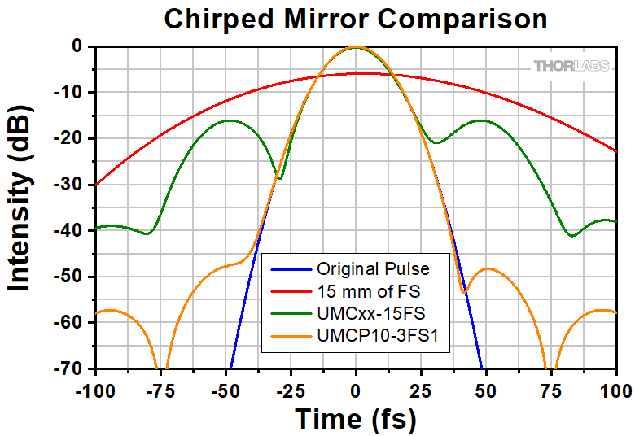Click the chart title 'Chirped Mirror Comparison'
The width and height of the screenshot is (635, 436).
point(356,18)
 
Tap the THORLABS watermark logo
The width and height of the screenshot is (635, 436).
point(572,66)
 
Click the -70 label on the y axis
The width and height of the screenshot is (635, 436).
point(68,368)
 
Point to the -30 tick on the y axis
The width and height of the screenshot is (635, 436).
point(68,185)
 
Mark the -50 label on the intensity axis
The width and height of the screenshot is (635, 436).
point(68,277)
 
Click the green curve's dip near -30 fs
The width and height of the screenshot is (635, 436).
point(280,178)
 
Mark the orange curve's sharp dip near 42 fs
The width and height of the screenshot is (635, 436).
point(464,292)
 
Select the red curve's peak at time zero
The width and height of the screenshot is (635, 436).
point(356,73)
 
